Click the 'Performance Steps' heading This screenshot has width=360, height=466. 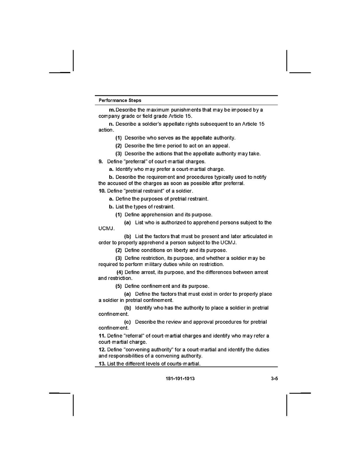point(120,100)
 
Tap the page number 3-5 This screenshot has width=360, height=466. point(274,378)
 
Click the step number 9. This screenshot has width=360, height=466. point(100,161)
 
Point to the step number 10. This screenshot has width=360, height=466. point(102,191)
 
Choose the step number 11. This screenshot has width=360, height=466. point(102,336)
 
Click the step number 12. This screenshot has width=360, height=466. point(102,350)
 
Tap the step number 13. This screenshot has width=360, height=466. point(102,364)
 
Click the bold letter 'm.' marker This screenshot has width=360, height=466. point(112,110)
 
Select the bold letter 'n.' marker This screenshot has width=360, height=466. point(112,124)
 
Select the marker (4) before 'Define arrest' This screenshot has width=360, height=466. point(120,272)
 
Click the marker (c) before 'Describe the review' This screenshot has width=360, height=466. point(127,322)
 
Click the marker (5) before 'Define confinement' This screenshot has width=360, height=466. point(119,286)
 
